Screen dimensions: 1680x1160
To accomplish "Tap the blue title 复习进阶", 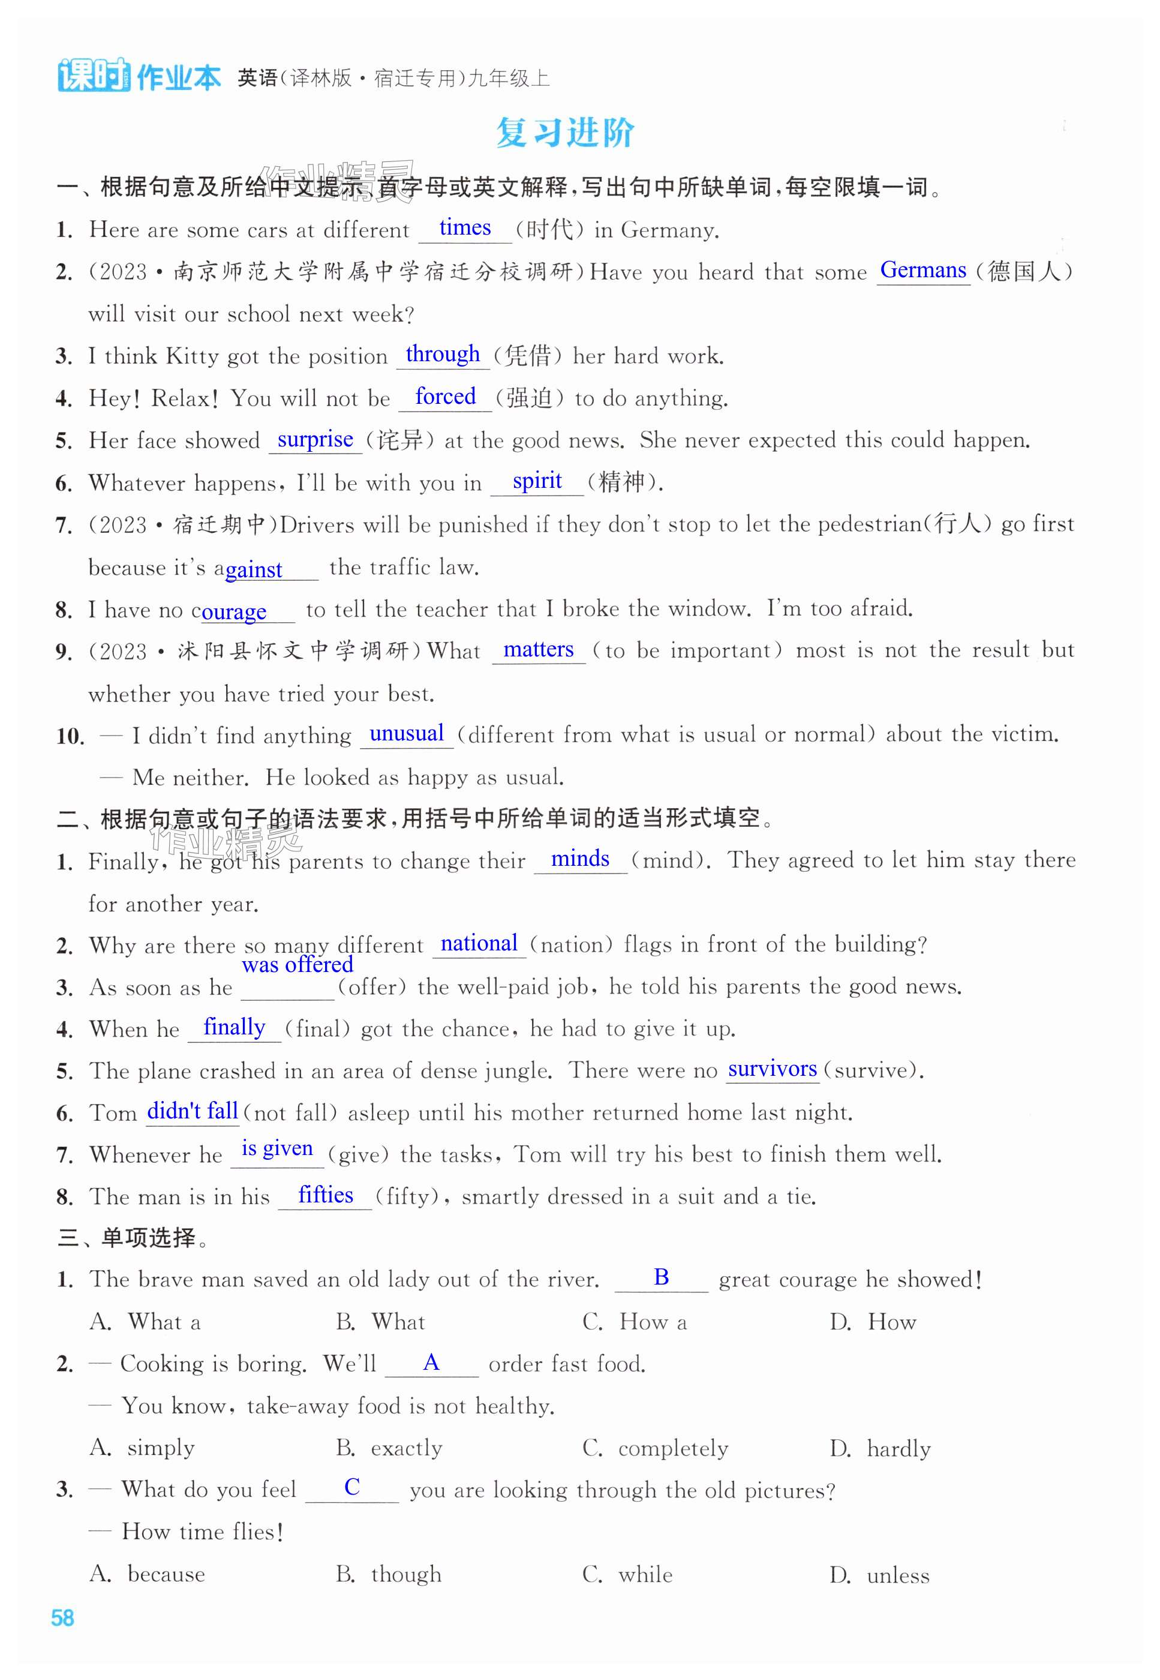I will click(565, 133).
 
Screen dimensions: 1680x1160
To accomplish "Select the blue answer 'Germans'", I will click(922, 270).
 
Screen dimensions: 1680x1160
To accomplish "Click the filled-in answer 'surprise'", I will click(315, 439).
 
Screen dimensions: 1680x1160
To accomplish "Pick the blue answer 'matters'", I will click(538, 649).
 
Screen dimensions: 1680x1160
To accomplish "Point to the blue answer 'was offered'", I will click(297, 965).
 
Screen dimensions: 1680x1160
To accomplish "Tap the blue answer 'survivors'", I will click(772, 1069).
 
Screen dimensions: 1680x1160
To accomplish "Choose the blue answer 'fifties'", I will click(325, 1195).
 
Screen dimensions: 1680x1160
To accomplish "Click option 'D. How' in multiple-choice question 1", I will click(873, 1322).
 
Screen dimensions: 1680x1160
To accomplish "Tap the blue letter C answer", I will click(352, 1487).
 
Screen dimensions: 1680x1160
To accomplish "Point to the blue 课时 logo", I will click(94, 75).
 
